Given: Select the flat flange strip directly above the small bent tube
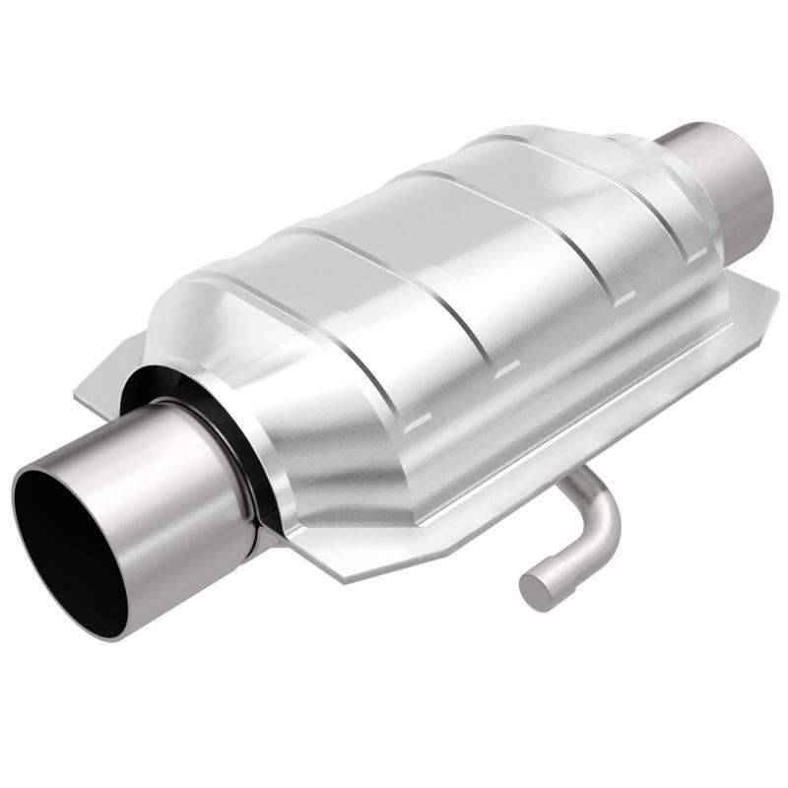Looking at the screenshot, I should point(552,433).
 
